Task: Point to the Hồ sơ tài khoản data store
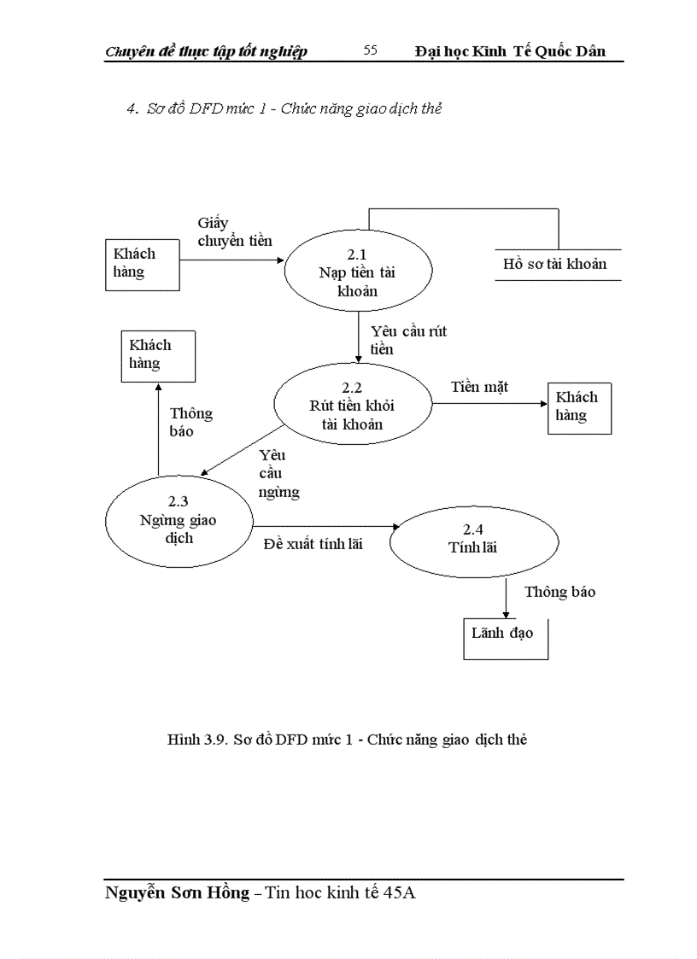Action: [x=554, y=264]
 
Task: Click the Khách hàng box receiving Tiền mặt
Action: [x=578, y=407]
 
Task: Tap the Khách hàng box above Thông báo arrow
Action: [x=156, y=354]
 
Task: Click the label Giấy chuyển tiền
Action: [x=234, y=232]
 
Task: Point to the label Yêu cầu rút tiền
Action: [x=408, y=340]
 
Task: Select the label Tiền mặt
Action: [x=480, y=388]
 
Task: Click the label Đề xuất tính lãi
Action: [x=312, y=543]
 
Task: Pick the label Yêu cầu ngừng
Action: [x=278, y=474]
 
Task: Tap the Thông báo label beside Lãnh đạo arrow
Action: [x=559, y=592]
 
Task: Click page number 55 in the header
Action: [x=370, y=50]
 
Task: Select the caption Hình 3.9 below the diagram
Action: [x=346, y=740]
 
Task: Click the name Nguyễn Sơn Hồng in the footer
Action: [x=177, y=893]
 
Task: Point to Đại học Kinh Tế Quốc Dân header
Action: [x=510, y=51]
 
